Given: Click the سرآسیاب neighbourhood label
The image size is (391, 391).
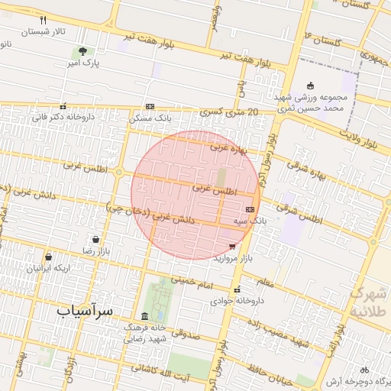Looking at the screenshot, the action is tap(85, 312).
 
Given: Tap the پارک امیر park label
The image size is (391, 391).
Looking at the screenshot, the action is tap(81, 62).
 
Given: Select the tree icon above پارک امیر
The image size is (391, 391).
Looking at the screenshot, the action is tap(81, 50).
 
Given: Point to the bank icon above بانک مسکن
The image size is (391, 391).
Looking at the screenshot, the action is tap(150, 107).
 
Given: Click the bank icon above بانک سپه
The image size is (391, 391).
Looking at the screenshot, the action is tap(250, 208).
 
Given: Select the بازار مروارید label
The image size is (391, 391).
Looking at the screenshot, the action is tap(232, 258).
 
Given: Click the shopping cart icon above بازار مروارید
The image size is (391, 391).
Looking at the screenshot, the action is tap(232, 247).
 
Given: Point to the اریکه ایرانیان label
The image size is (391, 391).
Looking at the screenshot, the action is tap(48, 268).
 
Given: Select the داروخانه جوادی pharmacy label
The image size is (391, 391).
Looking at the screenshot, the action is tap(238, 301).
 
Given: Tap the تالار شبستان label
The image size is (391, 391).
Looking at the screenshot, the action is tap(43, 32).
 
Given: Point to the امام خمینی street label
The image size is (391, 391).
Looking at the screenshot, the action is tap(188, 281).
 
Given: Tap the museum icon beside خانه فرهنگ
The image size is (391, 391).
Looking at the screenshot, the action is tap(144, 317).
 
